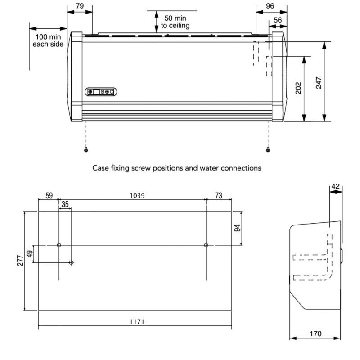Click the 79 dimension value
click(x=80, y=6)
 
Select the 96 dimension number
click(x=270, y=6)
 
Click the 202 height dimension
click(x=298, y=88)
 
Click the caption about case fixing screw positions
click(x=176, y=168)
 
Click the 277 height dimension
click(x=19, y=261)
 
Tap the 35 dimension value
click(x=65, y=204)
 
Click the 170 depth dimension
click(x=315, y=333)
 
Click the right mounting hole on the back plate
click(x=206, y=245)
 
